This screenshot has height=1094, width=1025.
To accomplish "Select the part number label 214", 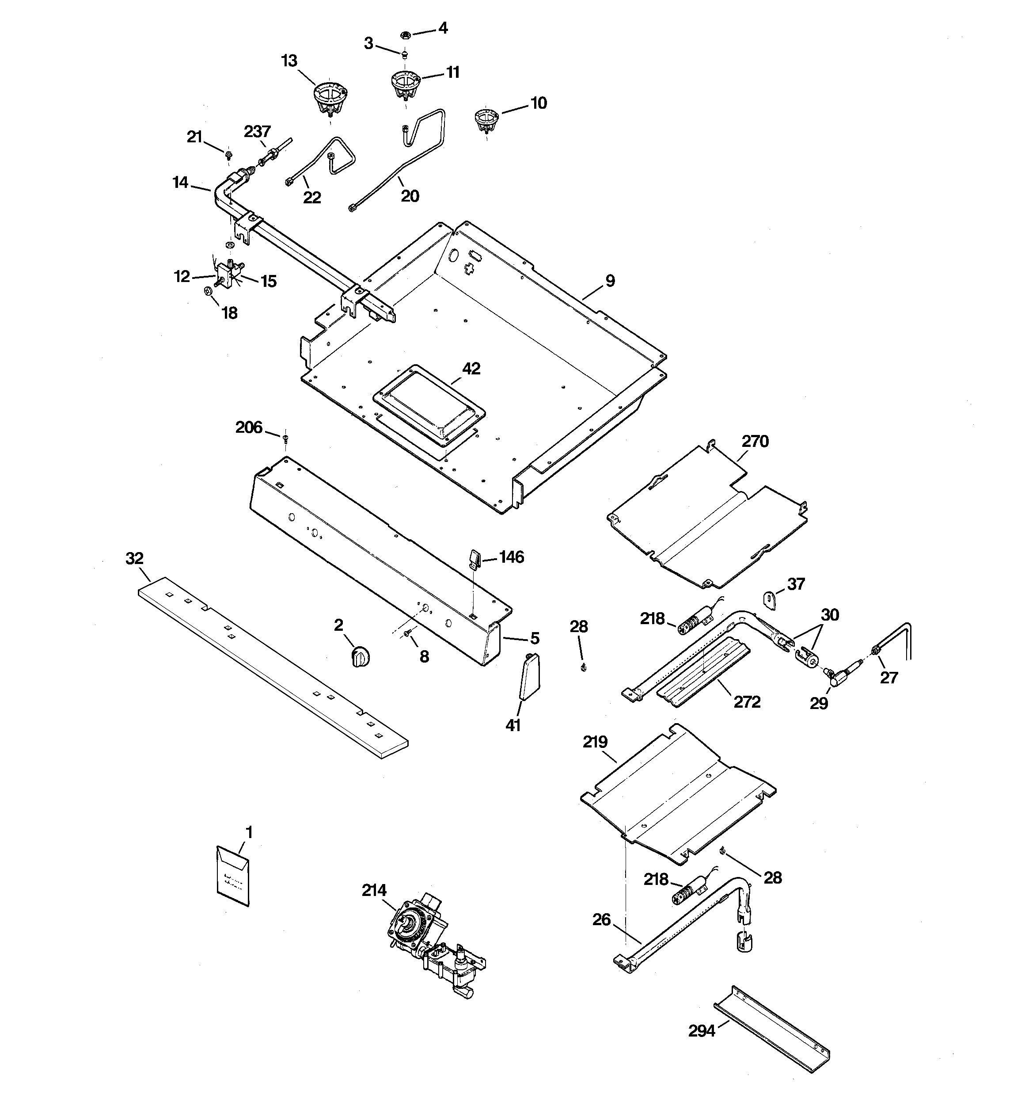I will coord(374,890).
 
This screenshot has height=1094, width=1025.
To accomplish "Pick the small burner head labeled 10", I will coord(485,121).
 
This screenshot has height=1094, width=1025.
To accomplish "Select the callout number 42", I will coord(471,368).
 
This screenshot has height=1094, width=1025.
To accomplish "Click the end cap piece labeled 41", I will coord(530,678).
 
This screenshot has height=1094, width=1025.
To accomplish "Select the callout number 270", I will coord(755,441).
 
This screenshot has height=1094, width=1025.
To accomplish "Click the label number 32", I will coord(134,559).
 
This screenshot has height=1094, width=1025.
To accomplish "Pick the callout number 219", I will coord(595,742).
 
